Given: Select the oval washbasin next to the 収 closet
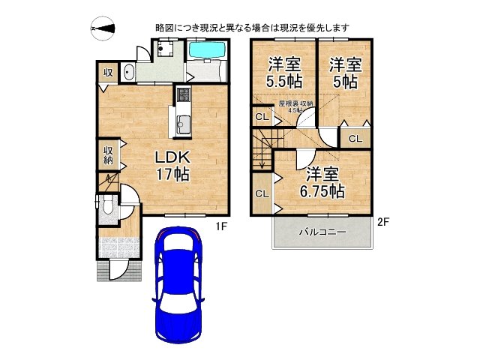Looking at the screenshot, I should tap(128, 73).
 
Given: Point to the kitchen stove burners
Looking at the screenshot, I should tap(183, 96).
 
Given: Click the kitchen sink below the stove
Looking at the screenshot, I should tap(182, 124).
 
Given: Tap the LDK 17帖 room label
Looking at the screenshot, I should tap(172, 166).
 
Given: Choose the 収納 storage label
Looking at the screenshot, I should tap(108, 153).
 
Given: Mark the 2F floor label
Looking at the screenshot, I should tap(383, 222).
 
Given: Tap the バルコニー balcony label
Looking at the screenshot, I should tap(322, 232).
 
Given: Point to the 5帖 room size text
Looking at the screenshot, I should tap(344, 83).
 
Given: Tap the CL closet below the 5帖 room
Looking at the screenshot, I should tap(355, 138).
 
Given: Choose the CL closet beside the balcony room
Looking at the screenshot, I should tap(262, 193).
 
